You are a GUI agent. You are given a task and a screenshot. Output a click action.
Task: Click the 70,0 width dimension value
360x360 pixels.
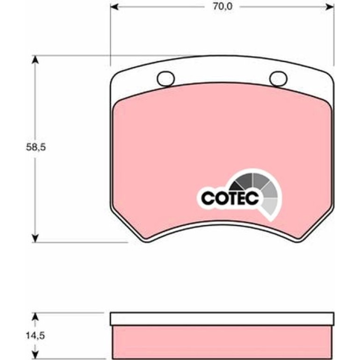tap(222, 7)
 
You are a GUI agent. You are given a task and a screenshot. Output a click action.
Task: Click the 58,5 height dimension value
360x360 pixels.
tap(36, 147)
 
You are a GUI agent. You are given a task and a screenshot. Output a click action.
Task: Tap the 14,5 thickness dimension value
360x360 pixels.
tap(35, 336)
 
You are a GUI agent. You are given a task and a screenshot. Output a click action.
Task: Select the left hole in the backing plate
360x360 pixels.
tap(166, 79)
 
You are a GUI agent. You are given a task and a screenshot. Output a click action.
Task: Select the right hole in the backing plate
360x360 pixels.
tap(278, 79)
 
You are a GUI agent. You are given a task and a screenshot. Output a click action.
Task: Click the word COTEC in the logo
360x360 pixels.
tap(230, 198)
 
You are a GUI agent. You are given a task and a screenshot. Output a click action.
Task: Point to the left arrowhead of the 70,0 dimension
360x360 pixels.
tap(115, 7)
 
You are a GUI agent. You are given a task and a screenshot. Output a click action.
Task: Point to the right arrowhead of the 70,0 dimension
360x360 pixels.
tap(330, 7)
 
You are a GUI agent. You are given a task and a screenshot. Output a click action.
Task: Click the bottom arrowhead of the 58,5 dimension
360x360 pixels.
tap(35, 238)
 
